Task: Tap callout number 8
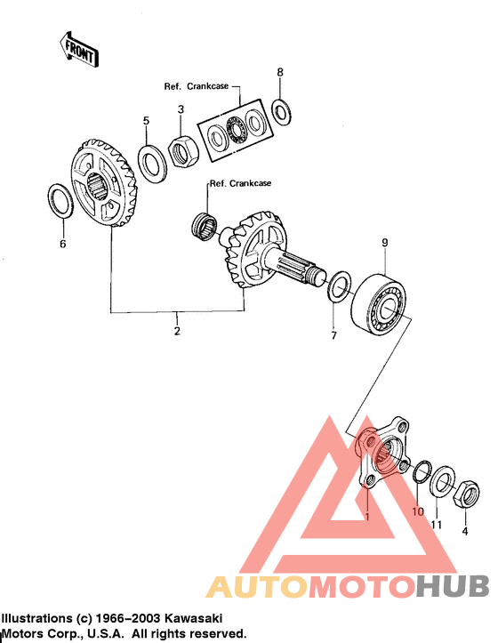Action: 280,71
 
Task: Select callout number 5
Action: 147,120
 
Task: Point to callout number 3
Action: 181,109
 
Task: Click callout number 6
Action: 62,245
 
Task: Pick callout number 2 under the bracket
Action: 177,331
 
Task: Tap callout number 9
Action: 385,242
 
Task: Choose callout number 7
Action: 335,335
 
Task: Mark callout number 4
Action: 463,531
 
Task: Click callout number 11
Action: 437,525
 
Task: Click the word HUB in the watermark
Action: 454,586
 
